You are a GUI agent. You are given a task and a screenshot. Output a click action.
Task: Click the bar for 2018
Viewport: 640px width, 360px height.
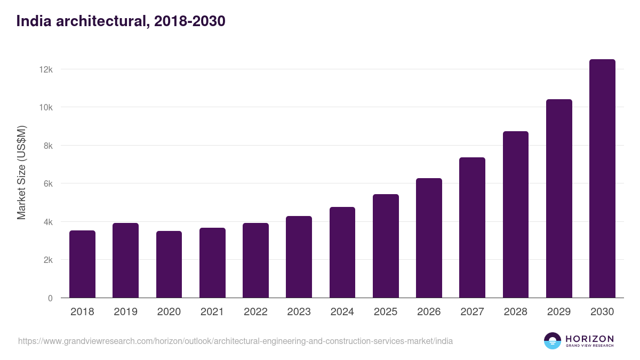pyautogui.click(x=82, y=264)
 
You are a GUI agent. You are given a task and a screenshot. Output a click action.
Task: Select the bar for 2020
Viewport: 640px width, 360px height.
pyautogui.click(x=169, y=265)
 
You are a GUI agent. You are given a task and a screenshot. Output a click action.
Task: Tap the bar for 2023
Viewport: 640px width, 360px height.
pyautogui.click(x=299, y=257)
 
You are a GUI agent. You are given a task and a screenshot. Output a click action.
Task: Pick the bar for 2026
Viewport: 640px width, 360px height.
pyautogui.click(x=429, y=238)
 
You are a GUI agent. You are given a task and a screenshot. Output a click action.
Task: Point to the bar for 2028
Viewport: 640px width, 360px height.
pyautogui.click(x=515, y=214)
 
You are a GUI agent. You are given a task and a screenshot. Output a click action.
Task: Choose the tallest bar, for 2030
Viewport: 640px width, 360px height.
pyautogui.click(x=602, y=179)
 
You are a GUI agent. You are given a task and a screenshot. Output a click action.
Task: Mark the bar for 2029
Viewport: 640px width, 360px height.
pyautogui.click(x=559, y=198)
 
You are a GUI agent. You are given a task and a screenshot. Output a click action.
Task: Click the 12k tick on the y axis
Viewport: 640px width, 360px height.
pyautogui.click(x=46, y=69)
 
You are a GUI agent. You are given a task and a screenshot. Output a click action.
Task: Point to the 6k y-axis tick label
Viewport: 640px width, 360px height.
pyautogui.click(x=47, y=183)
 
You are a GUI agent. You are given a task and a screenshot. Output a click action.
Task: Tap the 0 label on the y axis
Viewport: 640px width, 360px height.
pyautogui.click(x=50, y=298)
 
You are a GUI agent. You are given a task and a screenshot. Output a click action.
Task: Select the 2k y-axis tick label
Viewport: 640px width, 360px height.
pyautogui.click(x=47, y=260)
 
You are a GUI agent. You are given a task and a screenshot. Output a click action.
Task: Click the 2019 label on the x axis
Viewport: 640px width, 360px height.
pyautogui.click(x=125, y=312)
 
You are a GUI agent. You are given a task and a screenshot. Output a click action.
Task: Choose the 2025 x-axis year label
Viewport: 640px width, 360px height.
pyautogui.click(x=386, y=312)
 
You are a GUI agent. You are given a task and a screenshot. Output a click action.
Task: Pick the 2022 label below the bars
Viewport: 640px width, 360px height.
pyautogui.click(x=255, y=312)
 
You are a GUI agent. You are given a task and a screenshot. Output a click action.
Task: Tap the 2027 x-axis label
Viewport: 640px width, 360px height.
pyautogui.click(x=472, y=312)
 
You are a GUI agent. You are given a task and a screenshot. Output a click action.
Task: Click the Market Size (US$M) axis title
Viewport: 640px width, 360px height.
pyautogui.click(x=21, y=172)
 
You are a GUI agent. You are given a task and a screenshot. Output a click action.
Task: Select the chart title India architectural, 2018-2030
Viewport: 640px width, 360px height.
pyautogui.click(x=121, y=21)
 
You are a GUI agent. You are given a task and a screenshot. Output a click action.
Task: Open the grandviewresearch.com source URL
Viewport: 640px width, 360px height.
pyautogui.click(x=235, y=341)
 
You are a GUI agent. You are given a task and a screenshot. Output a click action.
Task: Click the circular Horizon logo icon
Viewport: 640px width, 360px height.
pyautogui.click(x=553, y=341)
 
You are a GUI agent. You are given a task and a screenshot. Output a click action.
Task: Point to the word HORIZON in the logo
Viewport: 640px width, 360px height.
pyautogui.click(x=589, y=338)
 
